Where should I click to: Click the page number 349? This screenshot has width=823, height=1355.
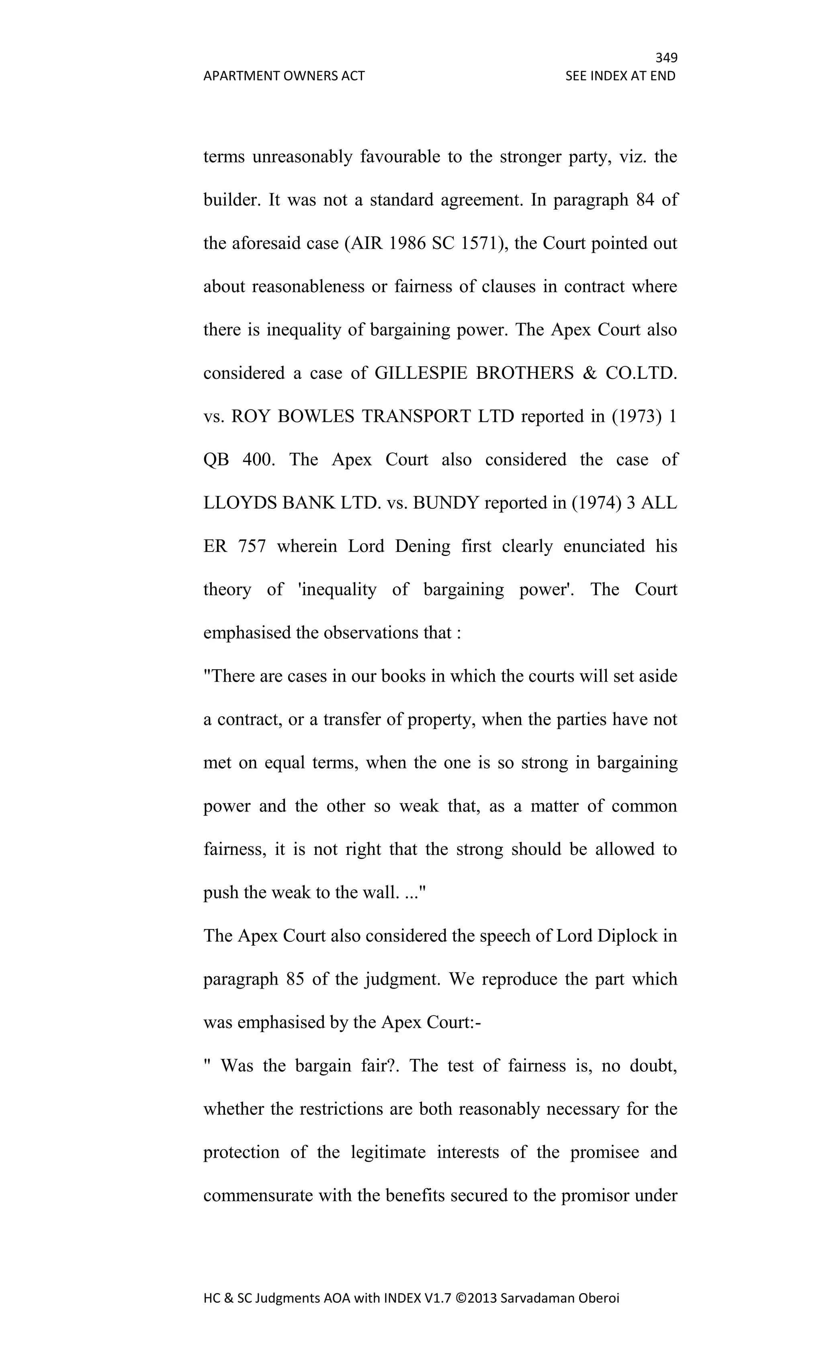click(665, 58)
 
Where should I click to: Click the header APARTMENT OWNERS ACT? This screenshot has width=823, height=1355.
click(284, 76)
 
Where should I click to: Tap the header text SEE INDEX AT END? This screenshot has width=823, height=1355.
click(620, 76)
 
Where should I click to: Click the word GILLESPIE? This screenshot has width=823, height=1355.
click(420, 373)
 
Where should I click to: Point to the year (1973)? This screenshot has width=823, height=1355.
click(635, 416)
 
